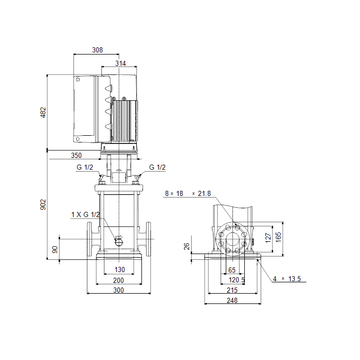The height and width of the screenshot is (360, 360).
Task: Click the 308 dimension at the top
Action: (x=97, y=50)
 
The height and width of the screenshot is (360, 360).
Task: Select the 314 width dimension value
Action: (x=120, y=63)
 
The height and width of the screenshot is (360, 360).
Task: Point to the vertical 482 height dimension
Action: (x=43, y=113)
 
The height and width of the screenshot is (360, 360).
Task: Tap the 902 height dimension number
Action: (x=43, y=205)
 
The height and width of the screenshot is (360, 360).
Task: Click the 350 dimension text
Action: (x=76, y=155)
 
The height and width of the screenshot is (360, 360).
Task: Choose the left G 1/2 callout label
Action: (x=85, y=167)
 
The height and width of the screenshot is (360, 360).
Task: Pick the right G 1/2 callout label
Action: (x=157, y=167)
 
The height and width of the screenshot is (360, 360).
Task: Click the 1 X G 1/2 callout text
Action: (x=85, y=214)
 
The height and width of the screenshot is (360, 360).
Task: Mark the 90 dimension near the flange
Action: (x=55, y=249)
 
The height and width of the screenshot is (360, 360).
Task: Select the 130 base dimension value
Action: (x=120, y=269)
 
